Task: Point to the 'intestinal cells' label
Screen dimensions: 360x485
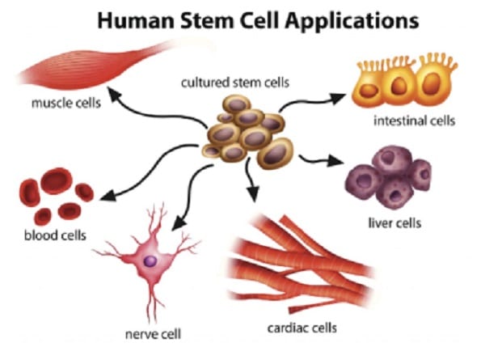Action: coord(414,122)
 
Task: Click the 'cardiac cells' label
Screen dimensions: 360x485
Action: coord(302,328)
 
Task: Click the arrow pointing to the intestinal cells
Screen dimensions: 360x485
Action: coord(311,101)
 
